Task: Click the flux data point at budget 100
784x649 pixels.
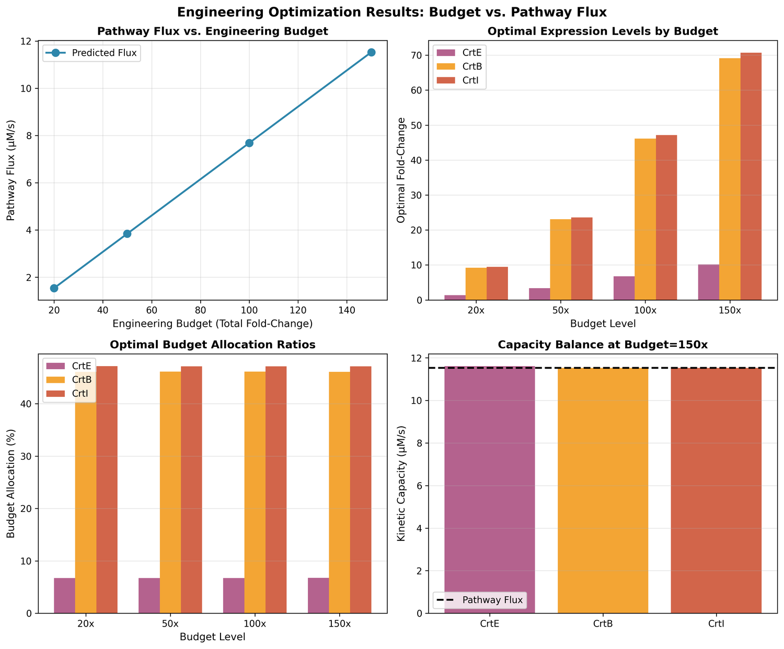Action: (x=249, y=143)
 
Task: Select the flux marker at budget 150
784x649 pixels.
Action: (x=371, y=52)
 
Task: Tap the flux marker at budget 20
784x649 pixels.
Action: (x=54, y=288)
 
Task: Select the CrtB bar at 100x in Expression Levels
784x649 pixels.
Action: (x=645, y=219)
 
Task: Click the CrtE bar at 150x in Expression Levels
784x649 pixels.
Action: (x=709, y=282)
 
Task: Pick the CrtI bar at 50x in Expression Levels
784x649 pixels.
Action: (x=582, y=259)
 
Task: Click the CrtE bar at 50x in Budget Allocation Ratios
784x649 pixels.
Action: (x=149, y=596)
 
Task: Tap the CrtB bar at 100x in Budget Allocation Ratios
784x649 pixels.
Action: (x=255, y=492)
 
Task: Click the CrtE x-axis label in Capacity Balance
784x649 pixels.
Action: (x=489, y=624)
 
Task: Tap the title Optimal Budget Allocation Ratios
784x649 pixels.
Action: (x=212, y=345)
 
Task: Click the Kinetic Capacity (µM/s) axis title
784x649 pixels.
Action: (x=401, y=484)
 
